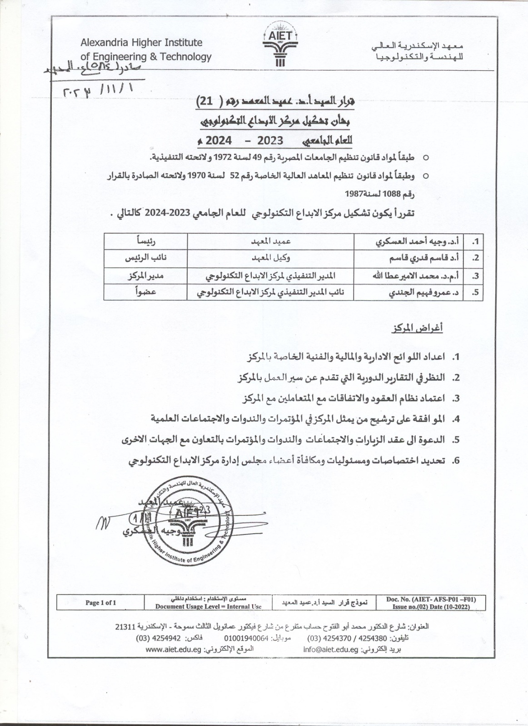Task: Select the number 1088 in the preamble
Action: click(392, 194)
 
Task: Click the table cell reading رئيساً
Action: click(145, 240)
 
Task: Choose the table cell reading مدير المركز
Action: click(144, 275)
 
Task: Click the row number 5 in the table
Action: click(475, 293)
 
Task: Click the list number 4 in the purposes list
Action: click(457, 418)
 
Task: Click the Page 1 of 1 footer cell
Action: click(101, 603)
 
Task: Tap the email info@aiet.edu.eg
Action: click(331, 650)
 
